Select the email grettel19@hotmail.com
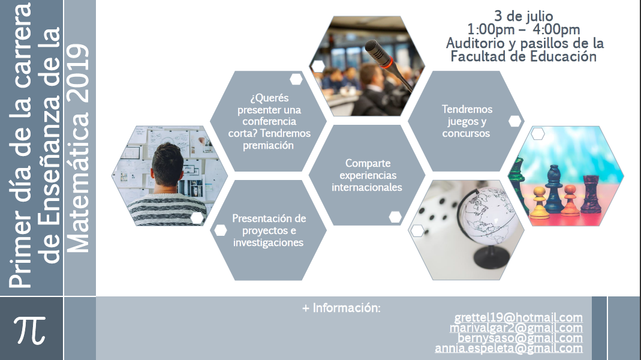[x=518, y=318]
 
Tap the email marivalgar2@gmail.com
[x=516, y=328]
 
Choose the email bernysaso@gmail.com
[x=520, y=338]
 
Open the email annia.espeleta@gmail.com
[x=508, y=348]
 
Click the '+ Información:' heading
[x=341, y=308]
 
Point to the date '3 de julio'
[x=523, y=16]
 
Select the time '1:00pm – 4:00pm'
[x=523, y=29]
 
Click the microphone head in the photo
[x=379, y=53]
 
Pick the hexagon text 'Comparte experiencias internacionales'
[x=367, y=175]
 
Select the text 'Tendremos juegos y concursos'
[x=467, y=121]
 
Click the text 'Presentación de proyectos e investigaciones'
[x=269, y=230]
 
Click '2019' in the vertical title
[x=78, y=73]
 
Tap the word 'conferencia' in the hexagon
[x=269, y=121]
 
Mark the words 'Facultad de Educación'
[x=523, y=56]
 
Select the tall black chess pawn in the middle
[x=554, y=189]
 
